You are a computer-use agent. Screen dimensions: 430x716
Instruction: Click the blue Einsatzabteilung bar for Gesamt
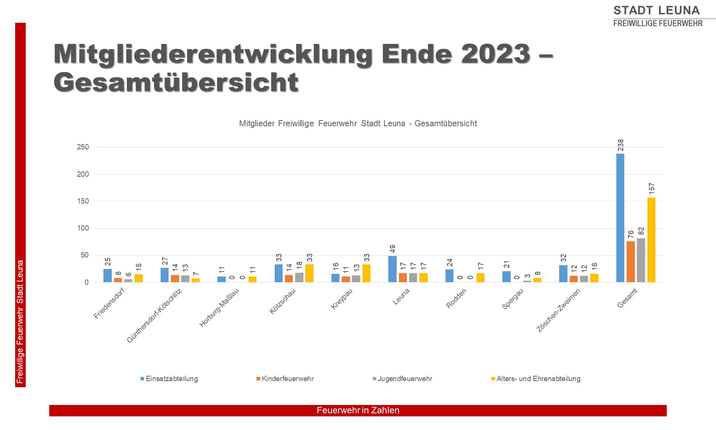click(x=620, y=218)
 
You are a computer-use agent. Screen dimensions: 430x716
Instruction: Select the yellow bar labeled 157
click(x=651, y=240)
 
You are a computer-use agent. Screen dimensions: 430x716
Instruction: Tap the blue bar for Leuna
click(x=392, y=269)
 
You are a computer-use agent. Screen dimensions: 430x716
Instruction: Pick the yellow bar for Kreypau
click(x=366, y=273)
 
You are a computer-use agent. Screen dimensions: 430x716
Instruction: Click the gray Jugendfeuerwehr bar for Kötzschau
click(x=299, y=277)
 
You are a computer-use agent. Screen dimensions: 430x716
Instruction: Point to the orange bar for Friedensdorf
click(x=118, y=280)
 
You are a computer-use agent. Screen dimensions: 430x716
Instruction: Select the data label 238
click(x=621, y=145)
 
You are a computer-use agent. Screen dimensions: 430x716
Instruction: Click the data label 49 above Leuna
click(x=393, y=249)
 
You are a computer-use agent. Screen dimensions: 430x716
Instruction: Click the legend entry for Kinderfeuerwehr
click(x=288, y=379)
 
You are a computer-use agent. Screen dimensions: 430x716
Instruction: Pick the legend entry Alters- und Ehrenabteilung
click(x=538, y=379)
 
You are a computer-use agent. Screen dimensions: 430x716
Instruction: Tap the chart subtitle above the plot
click(x=358, y=124)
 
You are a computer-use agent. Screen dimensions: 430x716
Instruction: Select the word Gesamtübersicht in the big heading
click(x=176, y=82)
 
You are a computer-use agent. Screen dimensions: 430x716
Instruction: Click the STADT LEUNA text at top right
click(x=657, y=10)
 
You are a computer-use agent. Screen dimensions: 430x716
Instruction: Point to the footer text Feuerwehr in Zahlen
click(x=358, y=410)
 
